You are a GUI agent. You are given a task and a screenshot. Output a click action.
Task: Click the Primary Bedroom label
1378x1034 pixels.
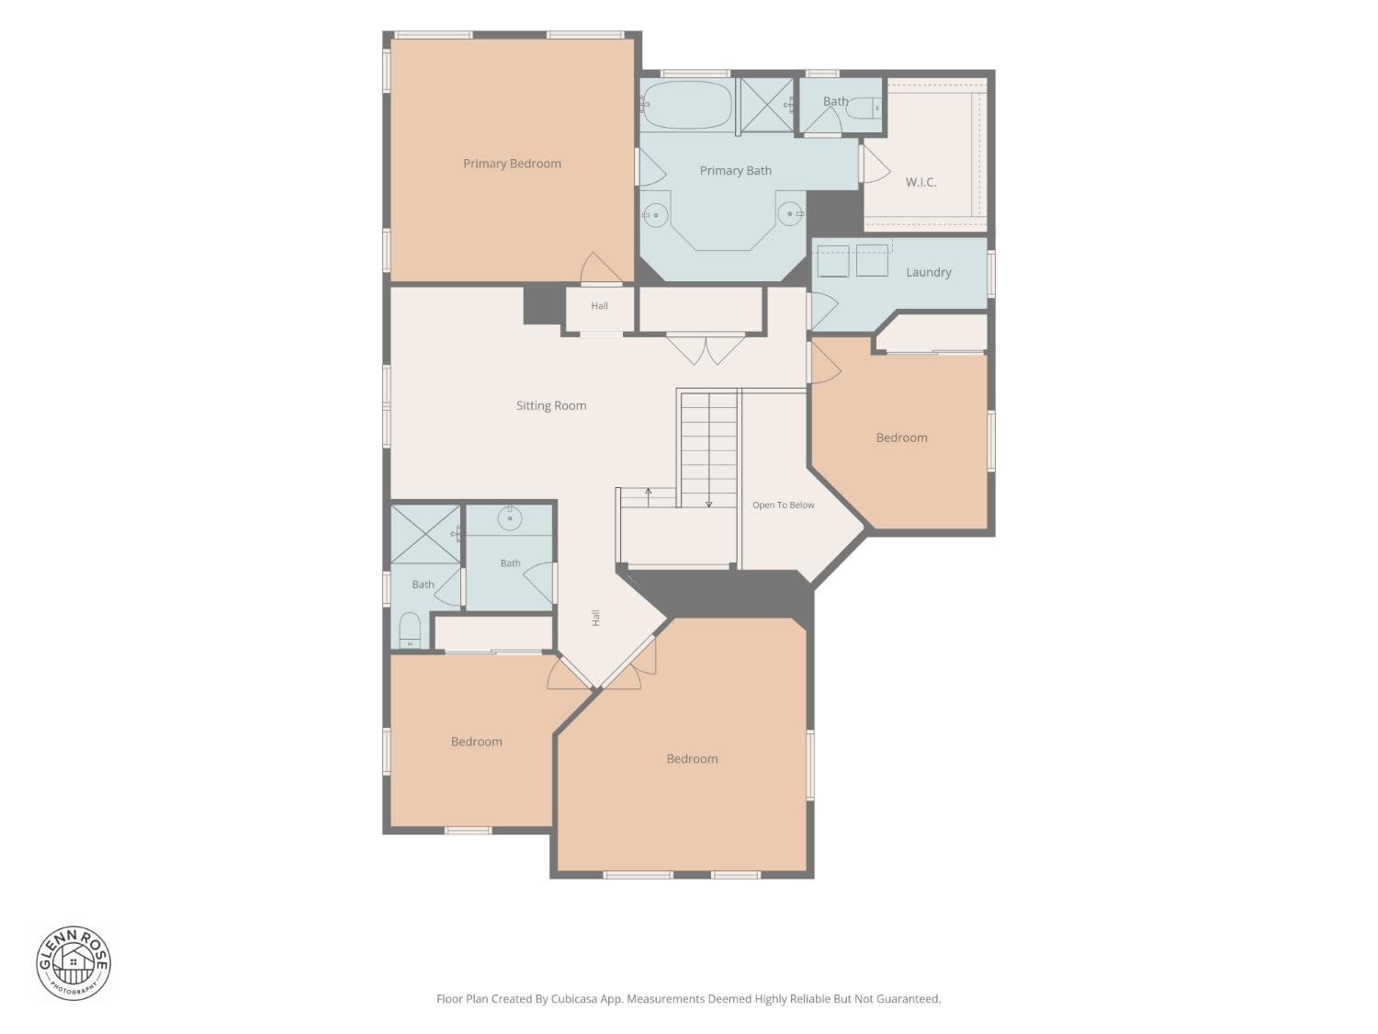tap(512, 164)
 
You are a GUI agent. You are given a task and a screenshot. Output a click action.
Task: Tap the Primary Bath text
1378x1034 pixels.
tap(735, 171)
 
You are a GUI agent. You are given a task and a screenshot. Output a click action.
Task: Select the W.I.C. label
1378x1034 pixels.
tap(921, 182)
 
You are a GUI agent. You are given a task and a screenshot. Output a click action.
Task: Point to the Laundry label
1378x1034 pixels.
tap(928, 272)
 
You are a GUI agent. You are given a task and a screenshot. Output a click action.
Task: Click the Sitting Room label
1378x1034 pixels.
tap(551, 405)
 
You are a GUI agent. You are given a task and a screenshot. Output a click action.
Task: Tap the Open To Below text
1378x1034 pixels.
tap(783, 505)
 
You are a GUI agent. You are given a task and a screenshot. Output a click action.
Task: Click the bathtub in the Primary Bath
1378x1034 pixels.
tap(687, 105)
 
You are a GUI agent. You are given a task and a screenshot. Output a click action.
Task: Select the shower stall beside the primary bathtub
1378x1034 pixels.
tap(765, 106)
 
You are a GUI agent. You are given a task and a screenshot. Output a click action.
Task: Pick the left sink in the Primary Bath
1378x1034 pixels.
tap(655, 215)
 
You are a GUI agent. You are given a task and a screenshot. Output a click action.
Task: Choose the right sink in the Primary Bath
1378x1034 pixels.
tap(790, 214)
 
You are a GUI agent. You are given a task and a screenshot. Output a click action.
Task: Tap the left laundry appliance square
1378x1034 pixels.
tap(833, 261)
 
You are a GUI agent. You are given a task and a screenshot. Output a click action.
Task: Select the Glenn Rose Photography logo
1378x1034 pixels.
tap(73, 963)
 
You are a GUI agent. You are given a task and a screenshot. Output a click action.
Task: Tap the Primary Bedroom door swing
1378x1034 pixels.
tap(600, 267)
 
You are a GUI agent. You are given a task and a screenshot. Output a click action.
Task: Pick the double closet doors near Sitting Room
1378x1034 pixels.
tap(706, 349)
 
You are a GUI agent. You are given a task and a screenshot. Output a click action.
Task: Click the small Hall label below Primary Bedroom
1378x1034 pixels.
tap(599, 306)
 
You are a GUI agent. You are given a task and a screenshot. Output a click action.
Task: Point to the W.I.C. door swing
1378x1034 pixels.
tap(876, 164)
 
